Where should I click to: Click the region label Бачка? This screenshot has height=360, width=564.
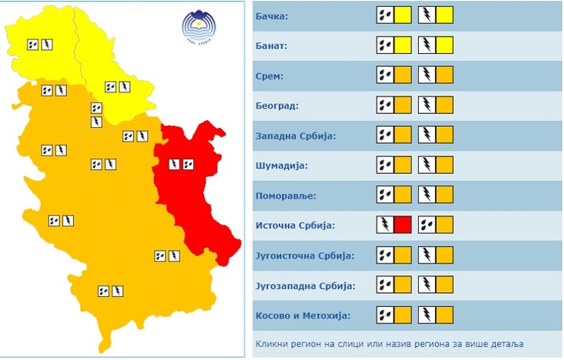pos(272,16)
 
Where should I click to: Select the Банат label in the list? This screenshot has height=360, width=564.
pos(272,46)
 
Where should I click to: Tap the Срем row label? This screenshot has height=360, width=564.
pos(269,76)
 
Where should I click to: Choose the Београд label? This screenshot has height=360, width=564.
pos(277,106)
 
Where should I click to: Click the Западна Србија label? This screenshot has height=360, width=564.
pos(295,136)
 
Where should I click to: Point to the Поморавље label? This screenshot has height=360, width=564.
pos(286,196)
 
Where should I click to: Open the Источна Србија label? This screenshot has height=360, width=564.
pos(295,225)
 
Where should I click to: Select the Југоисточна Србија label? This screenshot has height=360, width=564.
pos(305,256)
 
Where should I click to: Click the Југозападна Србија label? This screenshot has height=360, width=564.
pos(305,286)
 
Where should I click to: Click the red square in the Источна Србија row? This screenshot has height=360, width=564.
pos(403,225)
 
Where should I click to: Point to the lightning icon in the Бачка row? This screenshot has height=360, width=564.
pos(427,15)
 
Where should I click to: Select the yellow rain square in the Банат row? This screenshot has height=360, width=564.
pos(403,46)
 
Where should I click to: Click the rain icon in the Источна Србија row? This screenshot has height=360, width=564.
pos(427,225)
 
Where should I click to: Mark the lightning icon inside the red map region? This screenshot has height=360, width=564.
pos(174,163)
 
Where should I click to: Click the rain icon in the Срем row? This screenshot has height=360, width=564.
pos(385,76)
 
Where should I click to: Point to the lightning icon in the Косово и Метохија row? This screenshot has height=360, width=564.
pos(427,315)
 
